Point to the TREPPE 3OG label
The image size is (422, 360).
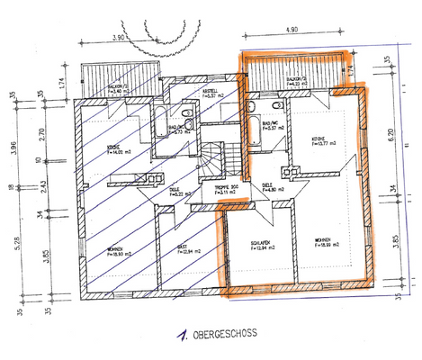(227, 187)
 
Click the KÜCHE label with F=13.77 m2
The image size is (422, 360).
(319, 139)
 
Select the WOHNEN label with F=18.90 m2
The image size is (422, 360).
(117, 252)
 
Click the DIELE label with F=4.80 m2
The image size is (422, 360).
(268, 186)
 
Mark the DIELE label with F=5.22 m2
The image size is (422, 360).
(175, 192)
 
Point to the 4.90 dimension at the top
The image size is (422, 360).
(290, 30)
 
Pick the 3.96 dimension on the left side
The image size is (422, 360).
(13, 147)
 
